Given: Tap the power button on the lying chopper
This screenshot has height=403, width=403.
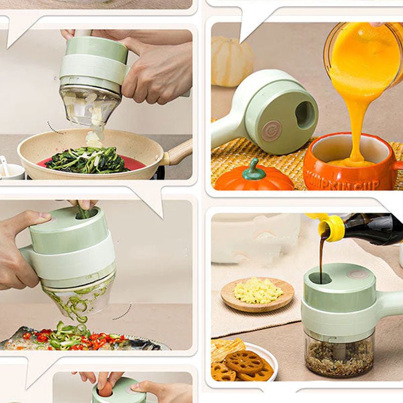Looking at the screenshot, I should pos(272,130).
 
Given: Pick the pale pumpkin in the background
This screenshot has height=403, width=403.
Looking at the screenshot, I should pos(232,60).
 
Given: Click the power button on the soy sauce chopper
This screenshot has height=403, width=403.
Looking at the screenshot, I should pos(357,274).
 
